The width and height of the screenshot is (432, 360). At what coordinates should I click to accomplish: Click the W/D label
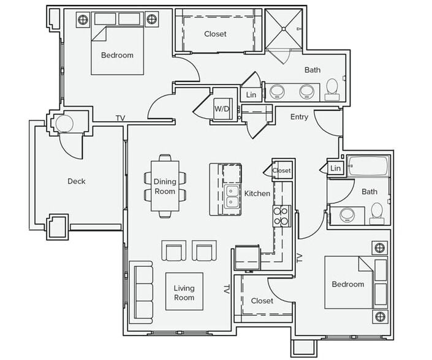click(x=221, y=109)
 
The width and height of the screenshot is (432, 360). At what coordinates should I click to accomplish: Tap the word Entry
click(x=300, y=117)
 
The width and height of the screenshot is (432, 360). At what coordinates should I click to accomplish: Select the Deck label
click(x=77, y=181)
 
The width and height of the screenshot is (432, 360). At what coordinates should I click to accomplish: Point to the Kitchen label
click(x=257, y=193)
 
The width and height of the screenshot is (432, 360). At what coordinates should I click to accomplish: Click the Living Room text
click(x=184, y=293)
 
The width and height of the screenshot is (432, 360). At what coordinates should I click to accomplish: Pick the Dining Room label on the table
click(x=164, y=187)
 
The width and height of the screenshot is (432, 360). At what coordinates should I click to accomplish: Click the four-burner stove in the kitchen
click(x=281, y=216)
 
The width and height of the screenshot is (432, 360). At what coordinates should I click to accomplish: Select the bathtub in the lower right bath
click(x=368, y=167)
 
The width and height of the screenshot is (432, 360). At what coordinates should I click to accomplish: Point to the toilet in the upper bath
click(x=333, y=89)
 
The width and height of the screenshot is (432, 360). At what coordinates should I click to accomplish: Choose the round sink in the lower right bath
click(x=348, y=216)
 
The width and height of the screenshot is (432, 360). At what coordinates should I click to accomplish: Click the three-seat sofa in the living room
click(x=142, y=290)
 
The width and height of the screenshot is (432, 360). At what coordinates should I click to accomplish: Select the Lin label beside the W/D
click(x=251, y=95)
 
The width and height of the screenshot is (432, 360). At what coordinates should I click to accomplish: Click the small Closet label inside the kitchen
click(x=282, y=171)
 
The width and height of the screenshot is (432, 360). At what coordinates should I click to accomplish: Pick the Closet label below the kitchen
click(x=262, y=301)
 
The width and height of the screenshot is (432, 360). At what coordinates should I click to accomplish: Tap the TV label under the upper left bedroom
click(x=121, y=118)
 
